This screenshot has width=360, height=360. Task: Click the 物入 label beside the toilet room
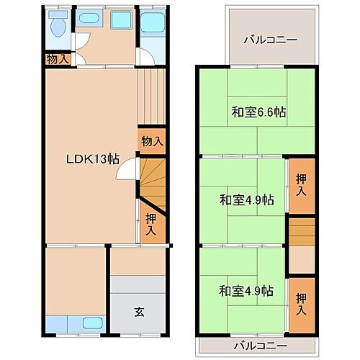[57, 59]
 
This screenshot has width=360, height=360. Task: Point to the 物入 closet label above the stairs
[151, 141]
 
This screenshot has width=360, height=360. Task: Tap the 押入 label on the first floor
[151, 224]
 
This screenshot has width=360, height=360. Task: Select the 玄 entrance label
[138, 312]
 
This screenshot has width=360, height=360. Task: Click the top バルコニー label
[270, 40]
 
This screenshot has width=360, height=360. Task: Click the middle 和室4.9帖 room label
[246, 199]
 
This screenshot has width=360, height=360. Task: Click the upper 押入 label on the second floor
[301, 184]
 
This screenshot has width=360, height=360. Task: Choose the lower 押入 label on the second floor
[301, 302]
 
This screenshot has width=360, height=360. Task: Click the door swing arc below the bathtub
[146, 58]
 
